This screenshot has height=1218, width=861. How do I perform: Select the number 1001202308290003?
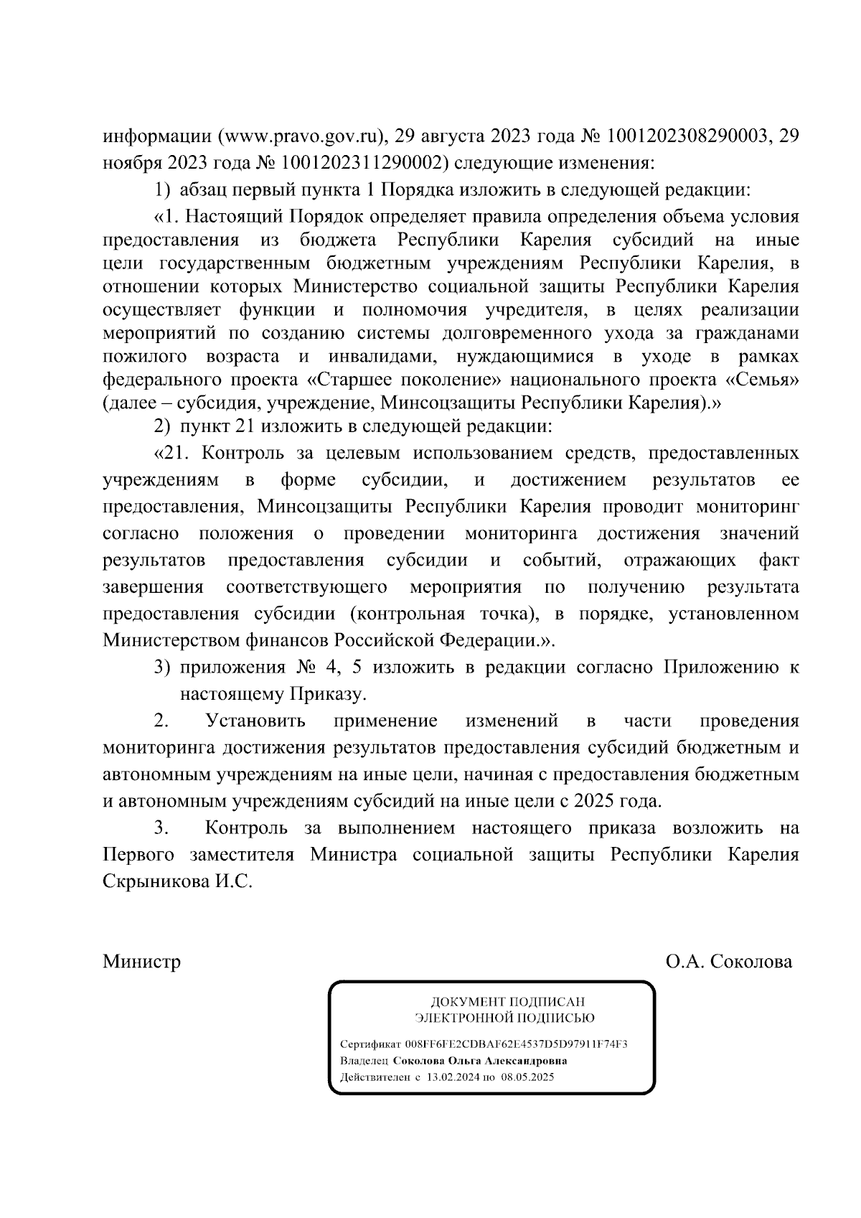[x=688, y=136]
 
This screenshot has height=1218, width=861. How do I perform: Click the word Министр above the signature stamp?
[x=142, y=961]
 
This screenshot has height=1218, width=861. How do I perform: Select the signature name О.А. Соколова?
[x=729, y=961]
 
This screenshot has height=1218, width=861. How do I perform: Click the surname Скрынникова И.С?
[x=178, y=881]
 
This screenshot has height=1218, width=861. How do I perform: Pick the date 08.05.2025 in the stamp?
[x=528, y=1077]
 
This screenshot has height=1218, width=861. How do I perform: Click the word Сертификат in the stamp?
[x=370, y=1044]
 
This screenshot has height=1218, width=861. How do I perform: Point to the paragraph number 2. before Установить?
[x=161, y=720]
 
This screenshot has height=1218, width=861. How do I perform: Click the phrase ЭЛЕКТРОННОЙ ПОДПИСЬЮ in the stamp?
[x=506, y=1017]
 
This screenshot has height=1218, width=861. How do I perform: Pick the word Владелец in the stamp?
[x=364, y=1060]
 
